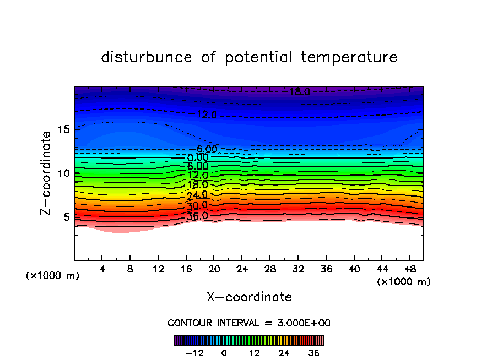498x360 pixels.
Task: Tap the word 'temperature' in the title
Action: pos(349,58)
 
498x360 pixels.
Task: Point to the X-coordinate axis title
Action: pos(249,297)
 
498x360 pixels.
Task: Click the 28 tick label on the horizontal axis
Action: pos(269,270)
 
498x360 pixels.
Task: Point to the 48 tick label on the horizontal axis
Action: pos(409,270)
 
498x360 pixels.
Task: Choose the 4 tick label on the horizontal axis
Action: pos(102,270)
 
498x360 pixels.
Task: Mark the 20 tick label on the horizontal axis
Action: pos(214,270)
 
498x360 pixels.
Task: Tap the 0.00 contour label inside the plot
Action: pos(198,157)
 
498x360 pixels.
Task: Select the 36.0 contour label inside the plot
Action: pos(197,216)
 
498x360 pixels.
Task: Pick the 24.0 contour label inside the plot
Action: pos(197,194)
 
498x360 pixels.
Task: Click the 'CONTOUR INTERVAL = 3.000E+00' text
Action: pos(249,323)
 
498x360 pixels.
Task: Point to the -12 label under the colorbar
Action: pos(194,353)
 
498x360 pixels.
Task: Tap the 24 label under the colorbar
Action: pos(284,353)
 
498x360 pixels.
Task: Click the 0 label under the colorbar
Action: pos(224,353)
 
